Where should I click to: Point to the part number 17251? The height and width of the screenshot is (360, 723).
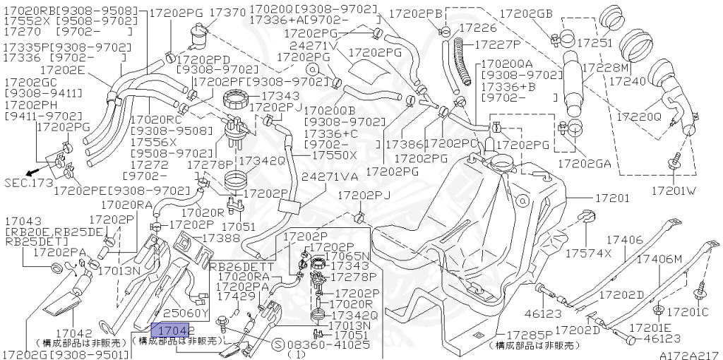tap(594, 44)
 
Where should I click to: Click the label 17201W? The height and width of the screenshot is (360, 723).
tap(674, 191)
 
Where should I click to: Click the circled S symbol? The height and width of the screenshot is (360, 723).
tap(278, 345)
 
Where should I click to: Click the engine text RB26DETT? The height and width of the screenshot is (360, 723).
tap(235, 267)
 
